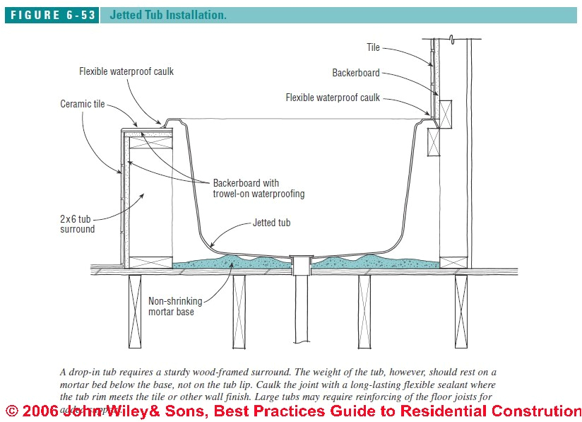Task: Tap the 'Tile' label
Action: [x=373, y=47]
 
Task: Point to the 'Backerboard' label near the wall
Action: [x=356, y=72]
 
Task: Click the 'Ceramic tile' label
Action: [x=83, y=104]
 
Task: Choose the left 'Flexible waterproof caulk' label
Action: [x=126, y=71]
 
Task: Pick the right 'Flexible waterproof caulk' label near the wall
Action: [x=333, y=98]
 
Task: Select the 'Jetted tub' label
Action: [x=272, y=223]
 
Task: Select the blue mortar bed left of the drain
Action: [x=233, y=263]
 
